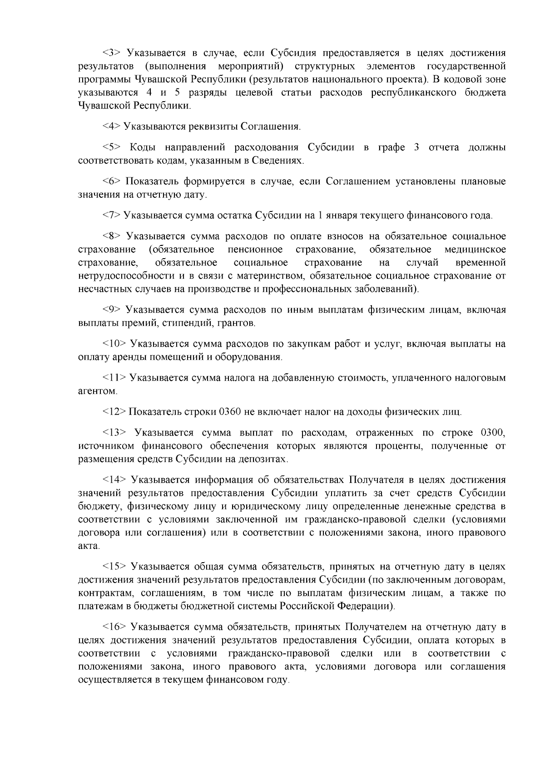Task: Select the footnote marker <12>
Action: [114, 412]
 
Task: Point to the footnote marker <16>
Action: [114, 628]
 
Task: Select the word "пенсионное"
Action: [255, 250]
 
